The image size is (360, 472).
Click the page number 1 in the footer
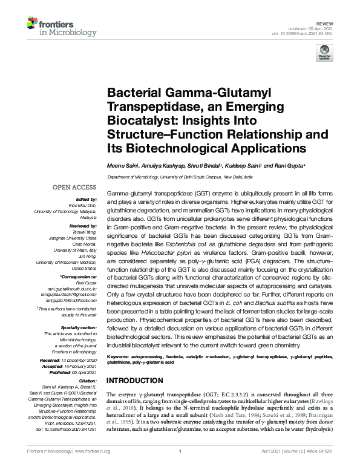tap(180, 468)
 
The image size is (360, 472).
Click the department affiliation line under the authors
tap(180, 176)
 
